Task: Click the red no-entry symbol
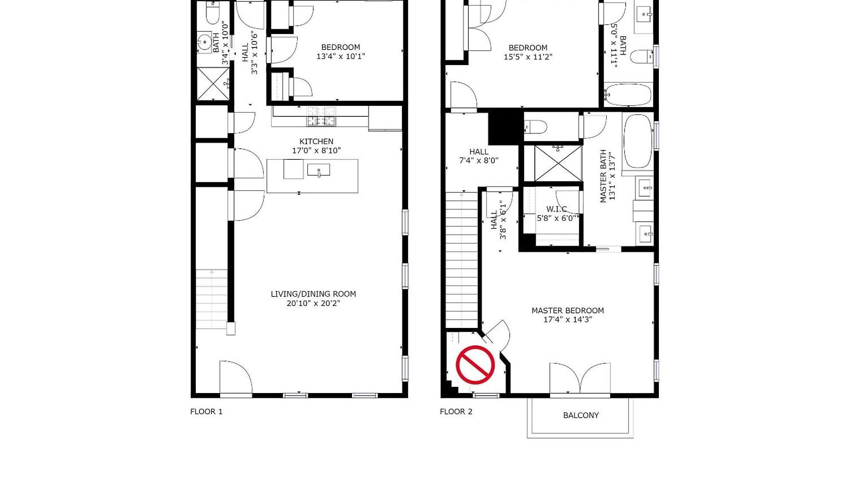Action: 475,365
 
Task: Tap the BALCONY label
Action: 581,415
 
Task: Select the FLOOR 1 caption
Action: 206,412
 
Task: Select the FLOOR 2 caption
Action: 456,412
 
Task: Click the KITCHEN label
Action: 316,141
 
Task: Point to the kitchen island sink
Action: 319,170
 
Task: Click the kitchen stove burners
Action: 321,116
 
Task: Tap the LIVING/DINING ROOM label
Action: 313,294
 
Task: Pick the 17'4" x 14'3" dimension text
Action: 568,320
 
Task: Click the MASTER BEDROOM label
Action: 568,311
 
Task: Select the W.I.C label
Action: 556,209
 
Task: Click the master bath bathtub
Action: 638,141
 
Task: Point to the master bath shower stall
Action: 558,163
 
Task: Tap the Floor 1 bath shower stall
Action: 213,84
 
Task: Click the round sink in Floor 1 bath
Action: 205,43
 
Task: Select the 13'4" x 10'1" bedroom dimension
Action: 340,56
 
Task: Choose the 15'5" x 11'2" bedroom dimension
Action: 528,57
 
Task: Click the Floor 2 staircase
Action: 462,260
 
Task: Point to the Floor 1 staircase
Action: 212,299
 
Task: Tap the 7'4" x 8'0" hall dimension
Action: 478,161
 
